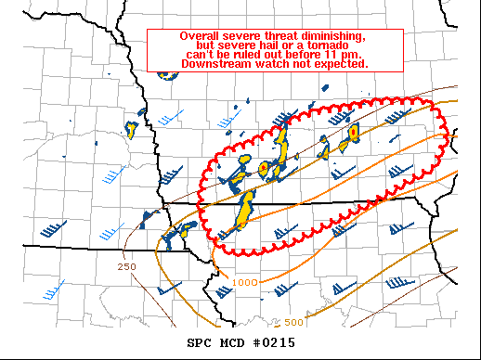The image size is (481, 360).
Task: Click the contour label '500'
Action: tap(293, 322)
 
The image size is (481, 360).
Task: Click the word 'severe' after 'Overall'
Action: tap(245, 36)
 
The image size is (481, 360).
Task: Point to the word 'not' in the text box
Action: tap(304, 64)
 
